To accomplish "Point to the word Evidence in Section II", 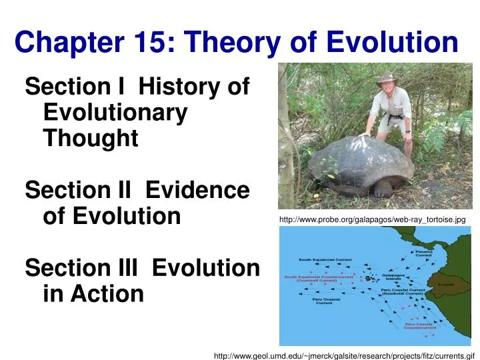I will tap(197, 191).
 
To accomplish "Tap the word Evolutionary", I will tap(115, 113).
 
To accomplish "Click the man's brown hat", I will tap(386, 78).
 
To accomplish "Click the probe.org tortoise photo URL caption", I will tap(372, 219).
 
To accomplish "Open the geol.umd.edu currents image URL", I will tap(343, 356).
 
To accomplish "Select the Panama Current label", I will tap(423, 253).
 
